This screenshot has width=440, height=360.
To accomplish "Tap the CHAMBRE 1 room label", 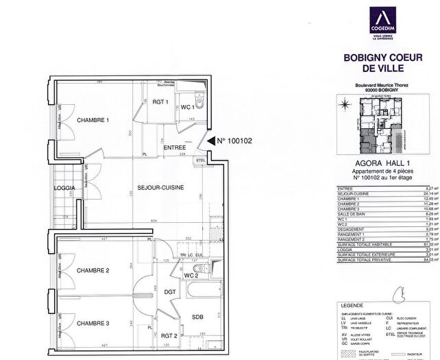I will (x=93, y=120).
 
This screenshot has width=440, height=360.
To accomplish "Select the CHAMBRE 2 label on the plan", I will (x=93, y=271).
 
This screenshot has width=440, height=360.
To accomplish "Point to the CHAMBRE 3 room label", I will (x=93, y=323).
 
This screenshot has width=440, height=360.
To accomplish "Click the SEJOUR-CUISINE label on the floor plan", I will (x=160, y=187).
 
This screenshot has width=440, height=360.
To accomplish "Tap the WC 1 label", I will (x=186, y=107).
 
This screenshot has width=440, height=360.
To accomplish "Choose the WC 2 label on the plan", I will (x=192, y=276).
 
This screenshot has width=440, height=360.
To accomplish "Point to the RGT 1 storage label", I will (x=161, y=102).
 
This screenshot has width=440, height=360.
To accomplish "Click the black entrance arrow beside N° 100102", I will (x=210, y=141).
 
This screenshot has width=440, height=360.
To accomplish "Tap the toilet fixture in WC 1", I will (x=198, y=104).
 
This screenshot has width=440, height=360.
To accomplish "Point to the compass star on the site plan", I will (x=345, y=104).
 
